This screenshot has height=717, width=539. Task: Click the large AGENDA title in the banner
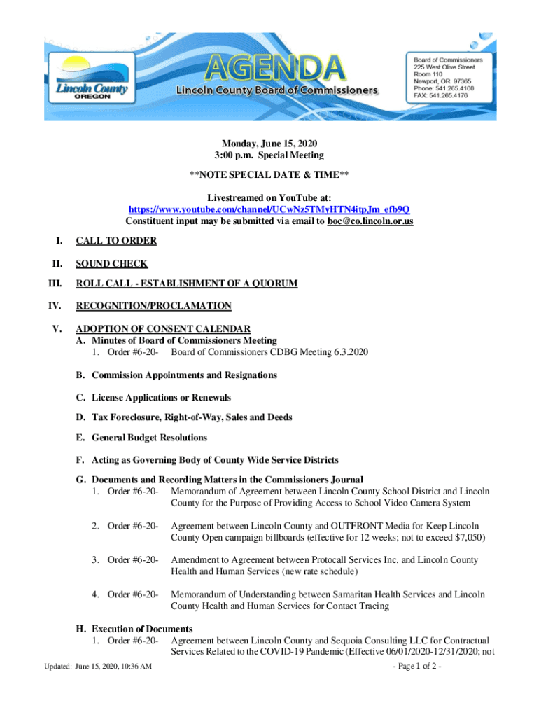tap(276, 67)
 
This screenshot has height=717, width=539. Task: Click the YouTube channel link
tap(269, 210)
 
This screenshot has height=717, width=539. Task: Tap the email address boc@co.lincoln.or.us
tap(365, 221)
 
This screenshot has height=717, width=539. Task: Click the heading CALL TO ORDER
tap(116, 241)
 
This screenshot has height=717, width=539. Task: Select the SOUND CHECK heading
tap(112, 263)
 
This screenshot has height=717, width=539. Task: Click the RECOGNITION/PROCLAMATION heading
tap(153, 306)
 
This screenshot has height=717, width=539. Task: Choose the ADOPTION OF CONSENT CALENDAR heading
tap(163, 329)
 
